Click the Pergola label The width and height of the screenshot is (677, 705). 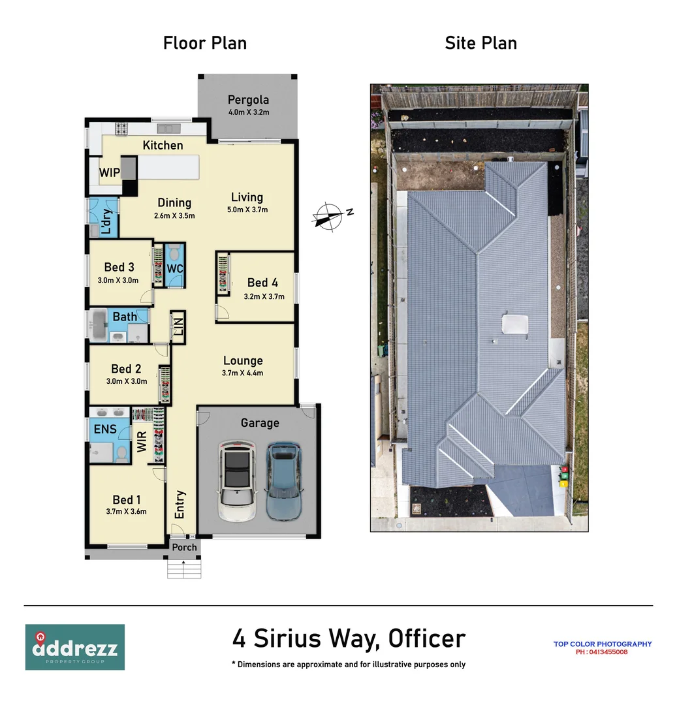click(x=248, y=100)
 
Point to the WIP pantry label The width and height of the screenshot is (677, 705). click(x=108, y=173)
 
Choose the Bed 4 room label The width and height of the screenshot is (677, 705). click(x=262, y=283)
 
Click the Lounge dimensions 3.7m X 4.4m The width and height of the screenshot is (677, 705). click(x=242, y=373)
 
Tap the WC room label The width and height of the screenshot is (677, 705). click(x=174, y=269)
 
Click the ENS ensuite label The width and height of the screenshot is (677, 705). click(x=105, y=429)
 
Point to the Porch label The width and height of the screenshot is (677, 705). click(x=184, y=547)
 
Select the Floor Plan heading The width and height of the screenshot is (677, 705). click(x=204, y=44)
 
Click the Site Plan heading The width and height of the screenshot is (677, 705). click(x=480, y=44)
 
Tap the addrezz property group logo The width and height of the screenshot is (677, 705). click(x=75, y=647)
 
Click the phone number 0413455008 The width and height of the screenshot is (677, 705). click(x=601, y=651)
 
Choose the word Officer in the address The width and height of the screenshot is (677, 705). click(x=427, y=638)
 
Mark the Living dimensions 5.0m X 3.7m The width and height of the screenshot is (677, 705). click(x=247, y=210)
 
